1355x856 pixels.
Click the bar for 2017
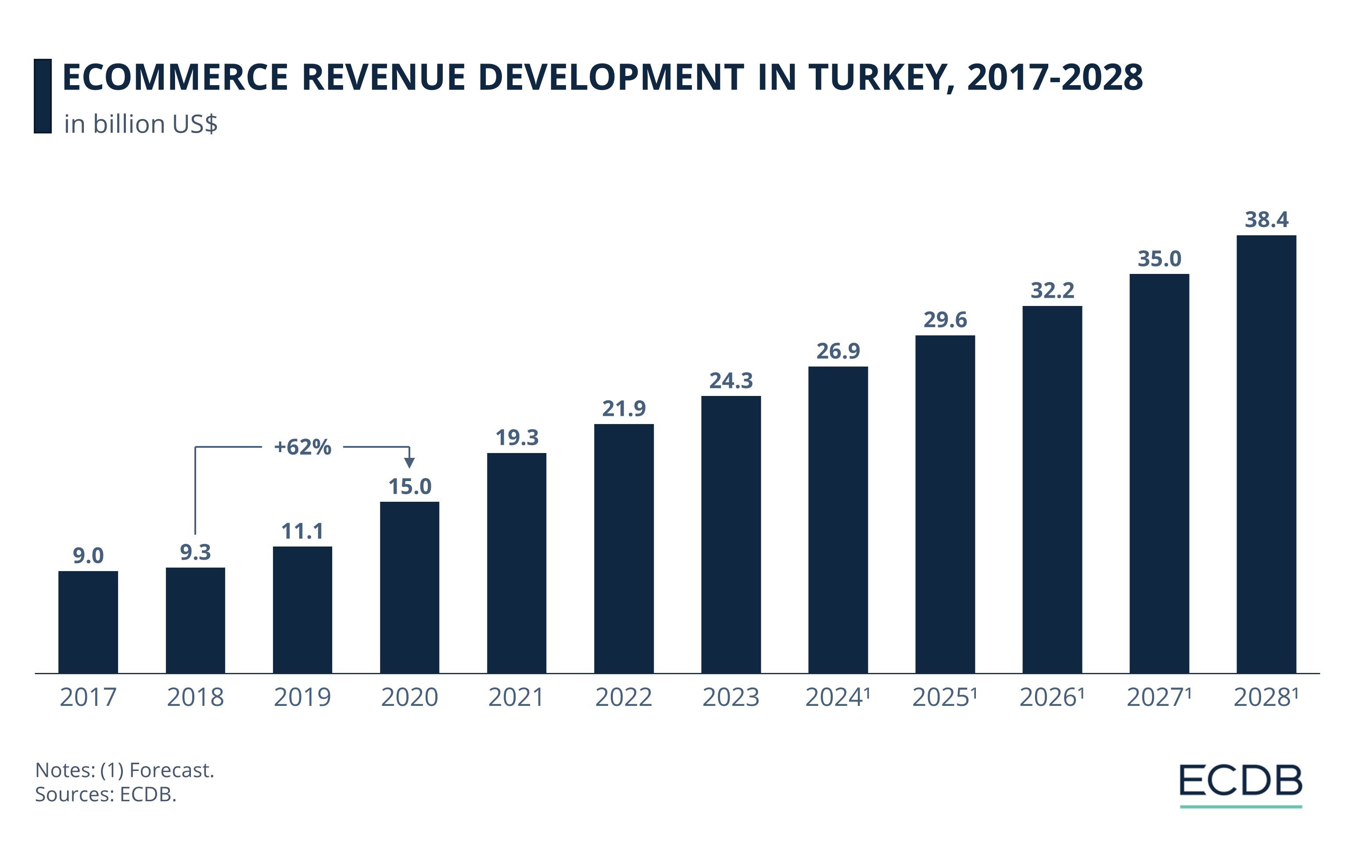[x=88, y=622]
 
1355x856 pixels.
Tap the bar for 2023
[x=731, y=535]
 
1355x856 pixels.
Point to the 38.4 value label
[x=1266, y=219]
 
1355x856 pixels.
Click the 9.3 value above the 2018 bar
[x=195, y=552]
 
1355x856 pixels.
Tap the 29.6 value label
[x=945, y=320]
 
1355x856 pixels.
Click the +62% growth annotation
[x=303, y=447]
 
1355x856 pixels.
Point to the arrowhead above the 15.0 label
[x=410, y=463]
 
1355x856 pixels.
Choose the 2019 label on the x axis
[x=302, y=697]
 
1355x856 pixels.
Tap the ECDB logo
[x=1241, y=781]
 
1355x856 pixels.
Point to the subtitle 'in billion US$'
[x=141, y=124]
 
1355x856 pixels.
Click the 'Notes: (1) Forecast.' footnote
[x=125, y=770]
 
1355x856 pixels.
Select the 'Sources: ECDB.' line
[x=106, y=794]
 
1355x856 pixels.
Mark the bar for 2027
[x=1159, y=473]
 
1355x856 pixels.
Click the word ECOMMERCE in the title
[x=175, y=77]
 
